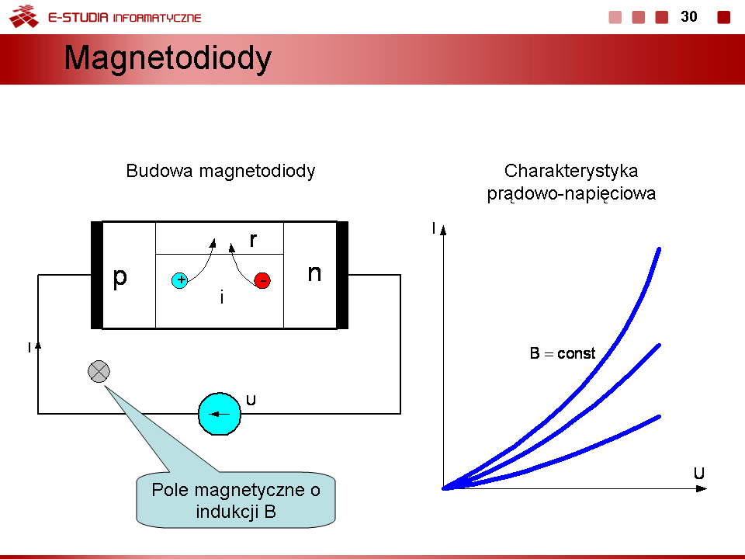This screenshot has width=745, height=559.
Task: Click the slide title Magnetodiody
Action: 168,58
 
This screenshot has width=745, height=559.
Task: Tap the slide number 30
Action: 688,16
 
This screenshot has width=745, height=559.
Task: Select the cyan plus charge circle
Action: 180,280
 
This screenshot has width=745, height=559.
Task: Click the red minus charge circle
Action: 262,280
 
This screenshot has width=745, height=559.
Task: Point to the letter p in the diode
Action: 120,277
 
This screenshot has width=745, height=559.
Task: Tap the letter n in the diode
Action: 314,273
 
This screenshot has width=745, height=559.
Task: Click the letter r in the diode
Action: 253,240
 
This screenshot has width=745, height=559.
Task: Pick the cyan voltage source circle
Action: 220,414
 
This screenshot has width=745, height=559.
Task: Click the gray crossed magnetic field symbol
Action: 99,371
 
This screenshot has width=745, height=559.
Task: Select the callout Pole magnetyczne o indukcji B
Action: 236,500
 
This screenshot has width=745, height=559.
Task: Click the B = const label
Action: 563,354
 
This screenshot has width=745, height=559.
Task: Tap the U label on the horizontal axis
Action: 699,473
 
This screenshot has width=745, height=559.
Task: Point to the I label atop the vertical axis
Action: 433,228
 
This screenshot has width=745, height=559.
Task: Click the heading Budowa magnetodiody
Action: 220,171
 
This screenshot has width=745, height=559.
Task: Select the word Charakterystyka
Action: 571,171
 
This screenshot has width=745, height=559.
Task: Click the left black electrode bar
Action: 96,275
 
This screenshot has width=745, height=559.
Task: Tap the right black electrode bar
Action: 342,275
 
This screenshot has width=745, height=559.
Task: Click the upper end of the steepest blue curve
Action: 658,249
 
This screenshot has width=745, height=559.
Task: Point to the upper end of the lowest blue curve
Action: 658,417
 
